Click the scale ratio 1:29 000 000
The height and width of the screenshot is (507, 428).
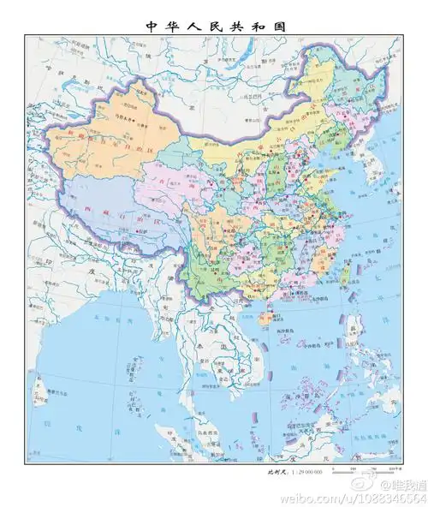tap(306, 472)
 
